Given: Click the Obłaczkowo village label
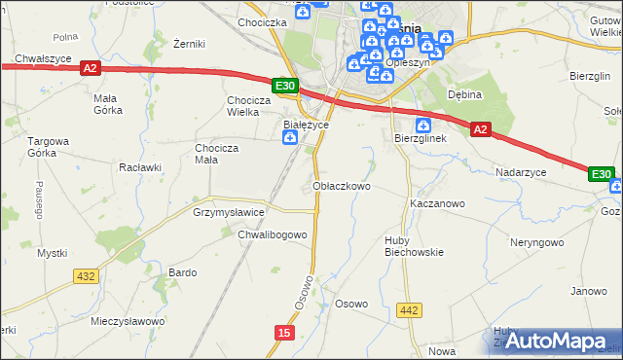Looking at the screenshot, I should click(342, 186).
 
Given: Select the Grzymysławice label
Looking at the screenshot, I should click(229, 211).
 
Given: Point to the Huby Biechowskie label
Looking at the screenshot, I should click(414, 245).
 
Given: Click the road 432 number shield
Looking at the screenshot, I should click(86, 276).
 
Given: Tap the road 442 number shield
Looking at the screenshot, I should click(409, 309).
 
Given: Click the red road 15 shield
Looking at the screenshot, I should click(283, 333).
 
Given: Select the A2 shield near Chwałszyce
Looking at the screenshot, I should click(90, 68).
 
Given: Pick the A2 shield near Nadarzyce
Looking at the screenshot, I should click(480, 128).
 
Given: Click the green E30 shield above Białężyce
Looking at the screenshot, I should click(284, 87).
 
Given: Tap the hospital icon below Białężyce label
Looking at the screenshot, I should click(289, 139).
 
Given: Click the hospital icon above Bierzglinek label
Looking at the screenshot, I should click(423, 125).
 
